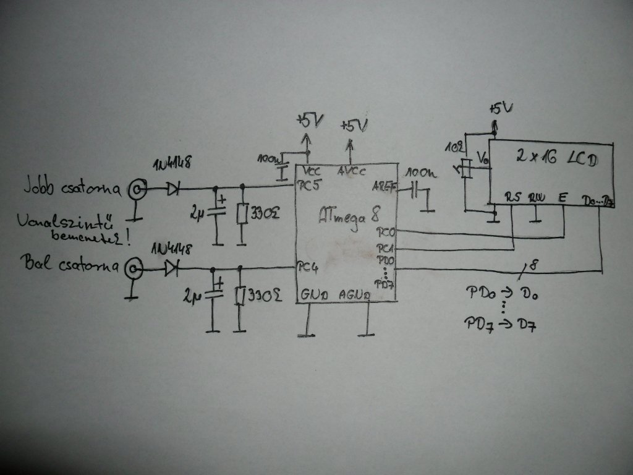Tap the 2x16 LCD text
[556, 158]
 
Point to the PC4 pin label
[307, 268]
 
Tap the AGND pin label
[355, 296]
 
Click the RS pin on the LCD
[512, 197]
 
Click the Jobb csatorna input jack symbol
[136, 189]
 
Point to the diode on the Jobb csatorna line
[173, 188]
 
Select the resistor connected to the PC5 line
[242, 214]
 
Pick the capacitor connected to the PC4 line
[214, 293]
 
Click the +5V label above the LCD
[500, 109]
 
